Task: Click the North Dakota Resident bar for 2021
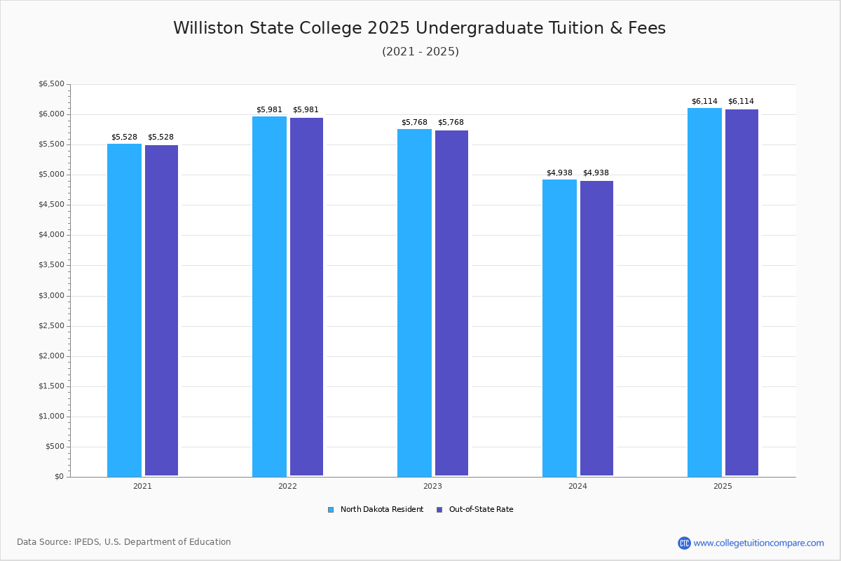124,310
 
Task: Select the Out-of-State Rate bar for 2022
306,297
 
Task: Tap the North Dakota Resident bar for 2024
559,328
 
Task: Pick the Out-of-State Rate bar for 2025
741,292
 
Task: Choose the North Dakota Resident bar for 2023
414,303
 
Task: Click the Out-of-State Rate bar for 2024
596,328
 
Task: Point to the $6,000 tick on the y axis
69,114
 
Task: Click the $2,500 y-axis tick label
51,326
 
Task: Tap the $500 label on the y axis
55,447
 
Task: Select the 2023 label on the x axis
432,486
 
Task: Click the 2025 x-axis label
723,486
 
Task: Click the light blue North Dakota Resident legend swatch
331,510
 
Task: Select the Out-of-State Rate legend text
481,510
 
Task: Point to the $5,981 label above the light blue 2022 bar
269,109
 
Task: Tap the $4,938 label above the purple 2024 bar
596,173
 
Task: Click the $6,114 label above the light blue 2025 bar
704,102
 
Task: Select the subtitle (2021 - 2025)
420,51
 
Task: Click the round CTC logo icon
684,543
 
